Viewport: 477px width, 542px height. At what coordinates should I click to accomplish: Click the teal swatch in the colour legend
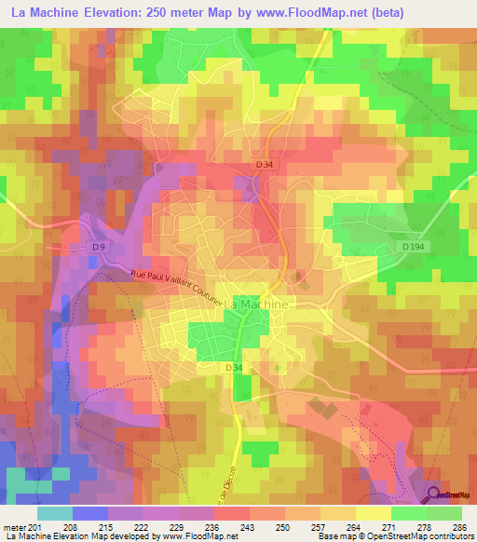54,513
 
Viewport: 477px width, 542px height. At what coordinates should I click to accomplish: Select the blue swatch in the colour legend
89,513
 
